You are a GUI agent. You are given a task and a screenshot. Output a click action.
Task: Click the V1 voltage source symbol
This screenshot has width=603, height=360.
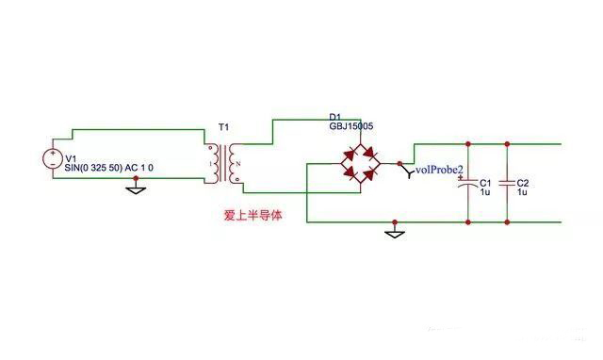[x=51, y=160]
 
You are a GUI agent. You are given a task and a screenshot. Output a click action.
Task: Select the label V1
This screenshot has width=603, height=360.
[x=72, y=157]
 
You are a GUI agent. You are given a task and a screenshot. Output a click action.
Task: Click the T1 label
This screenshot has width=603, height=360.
[x=223, y=127]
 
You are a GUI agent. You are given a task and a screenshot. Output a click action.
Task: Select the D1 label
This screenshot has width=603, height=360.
[x=335, y=115]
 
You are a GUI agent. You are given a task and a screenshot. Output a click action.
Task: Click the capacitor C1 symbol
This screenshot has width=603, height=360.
[x=468, y=186]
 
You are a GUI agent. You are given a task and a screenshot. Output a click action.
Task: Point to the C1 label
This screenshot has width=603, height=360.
[x=486, y=183]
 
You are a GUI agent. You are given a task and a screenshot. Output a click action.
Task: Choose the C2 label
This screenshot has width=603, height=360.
[x=524, y=183]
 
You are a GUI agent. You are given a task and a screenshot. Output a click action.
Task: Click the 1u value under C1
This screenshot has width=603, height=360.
[x=485, y=192]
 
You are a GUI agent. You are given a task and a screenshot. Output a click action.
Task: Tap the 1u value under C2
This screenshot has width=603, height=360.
[x=523, y=192]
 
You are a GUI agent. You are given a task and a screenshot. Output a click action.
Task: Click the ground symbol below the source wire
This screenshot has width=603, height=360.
[x=136, y=188]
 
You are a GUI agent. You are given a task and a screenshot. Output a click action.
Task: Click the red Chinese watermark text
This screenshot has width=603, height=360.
[x=253, y=215]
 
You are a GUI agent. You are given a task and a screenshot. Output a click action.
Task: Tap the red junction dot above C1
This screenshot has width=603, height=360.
[x=468, y=144]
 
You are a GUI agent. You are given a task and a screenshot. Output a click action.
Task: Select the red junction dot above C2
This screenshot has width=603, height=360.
[x=507, y=144]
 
